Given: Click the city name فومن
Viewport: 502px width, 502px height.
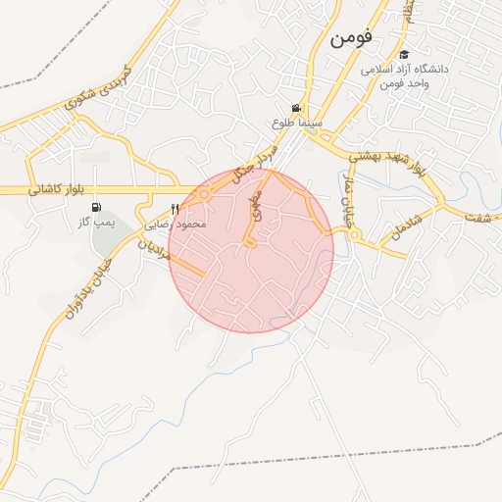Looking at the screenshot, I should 354,38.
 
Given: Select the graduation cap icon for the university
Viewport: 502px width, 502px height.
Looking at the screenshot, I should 404,55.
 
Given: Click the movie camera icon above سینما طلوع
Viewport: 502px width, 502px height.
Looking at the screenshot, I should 296,108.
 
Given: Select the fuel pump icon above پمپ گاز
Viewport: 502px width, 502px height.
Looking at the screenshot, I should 96,207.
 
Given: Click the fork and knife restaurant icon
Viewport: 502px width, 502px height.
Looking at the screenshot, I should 176,209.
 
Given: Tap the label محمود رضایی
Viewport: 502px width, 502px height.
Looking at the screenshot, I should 176,225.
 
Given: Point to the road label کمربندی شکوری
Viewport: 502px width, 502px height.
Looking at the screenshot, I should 96,89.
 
